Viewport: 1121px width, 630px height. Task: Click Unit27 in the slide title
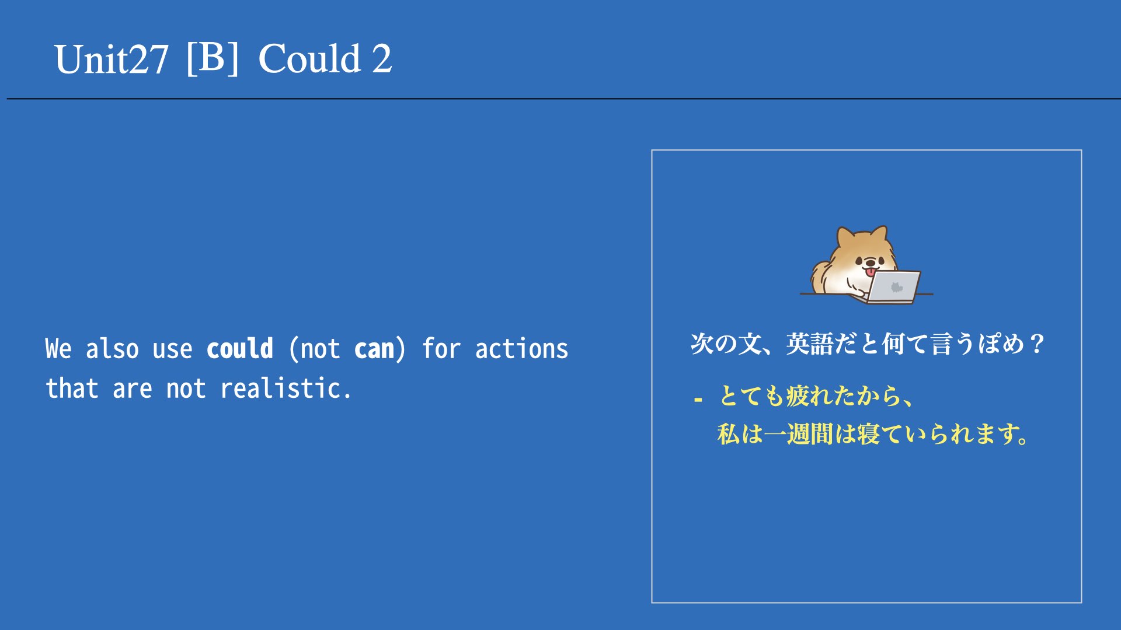pyautogui.click(x=112, y=60)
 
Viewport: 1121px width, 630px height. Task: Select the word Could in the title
pyautogui.click(x=309, y=58)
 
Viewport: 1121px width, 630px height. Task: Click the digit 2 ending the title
pyautogui.click(x=382, y=59)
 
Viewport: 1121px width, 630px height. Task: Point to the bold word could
pyautogui.click(x=240, y=349)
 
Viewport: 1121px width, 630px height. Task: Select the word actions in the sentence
pyautogui.click(x=521, y=349)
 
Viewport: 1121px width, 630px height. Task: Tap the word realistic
pyautogui.click(x=286, y=388)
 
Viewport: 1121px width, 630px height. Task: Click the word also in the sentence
pyautogui.click(x=112, y=349)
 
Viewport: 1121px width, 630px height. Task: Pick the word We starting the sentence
pyautogui.click(x=58, y=349)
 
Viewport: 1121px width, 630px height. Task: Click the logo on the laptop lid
pyautogui.click(x=896, y=287)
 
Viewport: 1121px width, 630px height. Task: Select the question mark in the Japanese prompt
pyautogui.click(x=1037, y=344)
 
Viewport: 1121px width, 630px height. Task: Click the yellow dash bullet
pyautogui.click(x=698, y=400)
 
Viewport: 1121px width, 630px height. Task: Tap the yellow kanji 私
pyautogui.click(x=729, y=434)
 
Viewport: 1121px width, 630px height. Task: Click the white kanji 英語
pyautogui.click(x=809, y=344)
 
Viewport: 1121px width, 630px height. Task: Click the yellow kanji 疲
pyautogui.click(x=798, y=395)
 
